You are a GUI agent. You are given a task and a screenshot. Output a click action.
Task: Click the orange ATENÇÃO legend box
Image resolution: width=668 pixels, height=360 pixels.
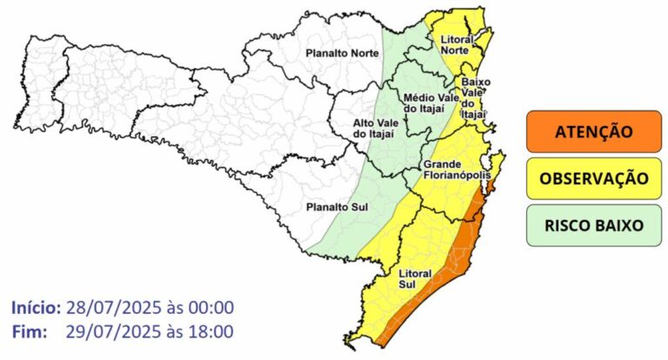coord(593,132)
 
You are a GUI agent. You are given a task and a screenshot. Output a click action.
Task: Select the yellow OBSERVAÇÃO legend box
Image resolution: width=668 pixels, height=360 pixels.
coord(593,178)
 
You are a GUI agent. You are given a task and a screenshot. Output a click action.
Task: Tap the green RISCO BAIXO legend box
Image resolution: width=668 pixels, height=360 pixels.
coord(593,224)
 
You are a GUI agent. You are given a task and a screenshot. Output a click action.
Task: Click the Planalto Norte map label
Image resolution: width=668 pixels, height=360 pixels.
coord(341,54)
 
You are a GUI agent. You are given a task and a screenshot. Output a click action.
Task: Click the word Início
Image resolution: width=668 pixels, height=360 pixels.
coord(36,308)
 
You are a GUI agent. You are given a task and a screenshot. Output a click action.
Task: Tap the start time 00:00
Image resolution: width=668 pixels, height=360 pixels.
coord(210,308)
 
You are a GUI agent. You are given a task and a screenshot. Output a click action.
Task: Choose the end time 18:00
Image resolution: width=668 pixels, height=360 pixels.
coord(210,331)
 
